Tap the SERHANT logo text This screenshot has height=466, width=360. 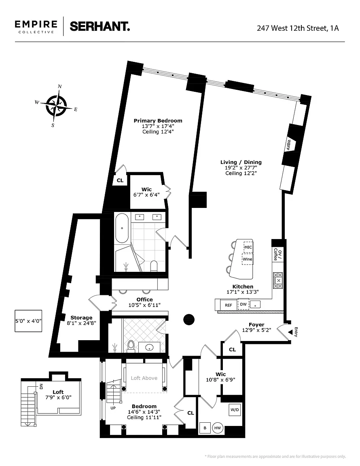[100, 26]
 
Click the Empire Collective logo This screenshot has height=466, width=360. [36, 27]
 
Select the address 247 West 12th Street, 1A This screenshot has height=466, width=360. [298, 28]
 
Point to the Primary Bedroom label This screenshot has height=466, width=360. [158, 121]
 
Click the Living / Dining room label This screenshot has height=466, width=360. [241, 162]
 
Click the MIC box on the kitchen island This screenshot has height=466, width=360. [248, 247]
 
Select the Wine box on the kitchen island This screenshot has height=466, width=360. [247, 259]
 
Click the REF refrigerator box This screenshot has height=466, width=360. [228, 305]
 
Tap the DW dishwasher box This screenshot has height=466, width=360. [243, 304]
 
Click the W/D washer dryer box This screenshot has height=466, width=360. [235, 410]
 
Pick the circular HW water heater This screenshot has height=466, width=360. [218, 428]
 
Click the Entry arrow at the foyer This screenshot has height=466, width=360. [290, 332]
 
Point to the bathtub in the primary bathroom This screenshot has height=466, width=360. [122, 228]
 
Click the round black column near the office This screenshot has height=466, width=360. [189, 320]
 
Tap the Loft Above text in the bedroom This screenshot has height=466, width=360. [144, 378]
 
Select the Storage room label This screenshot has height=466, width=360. [81, 318]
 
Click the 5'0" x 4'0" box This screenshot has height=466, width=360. [29, 321]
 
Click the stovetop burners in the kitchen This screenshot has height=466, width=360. [277, 281]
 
